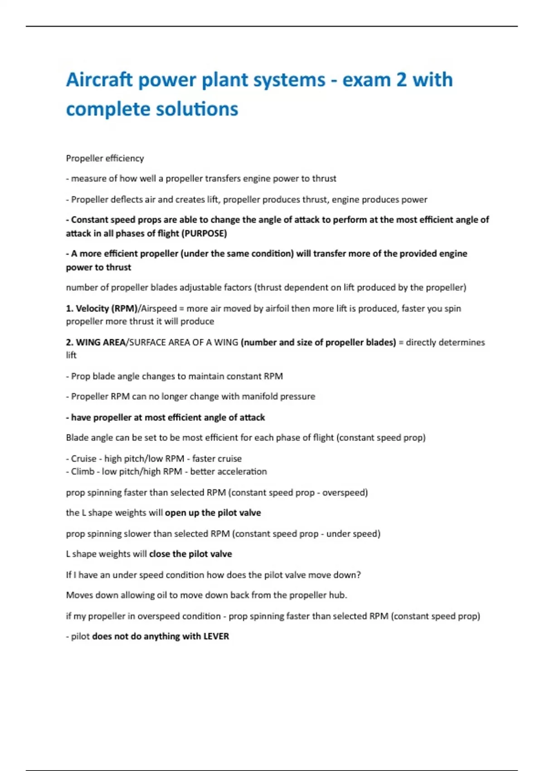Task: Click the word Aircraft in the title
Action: click(x=99, y=80)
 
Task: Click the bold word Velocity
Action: click(x=92, y=308)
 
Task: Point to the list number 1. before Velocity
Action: click(x=69, y=308)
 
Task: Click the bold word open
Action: click(x=175, y=513)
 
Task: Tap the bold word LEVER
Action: click(x=216, y=636)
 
